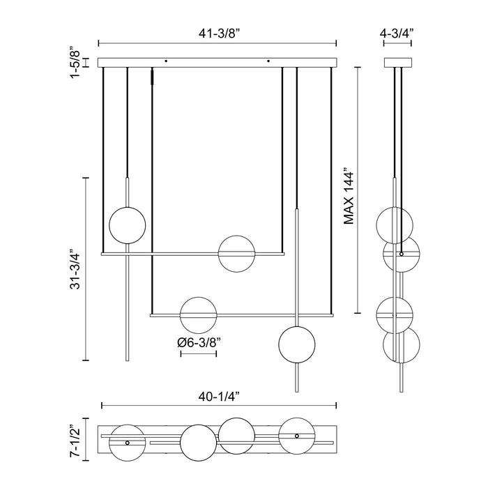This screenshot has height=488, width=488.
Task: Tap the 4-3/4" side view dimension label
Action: pyautogui.click(x=397, y=33)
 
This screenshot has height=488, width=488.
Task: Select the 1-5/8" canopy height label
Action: pyautogui.click(x=76, y=63)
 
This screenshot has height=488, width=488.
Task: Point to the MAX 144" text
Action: pyautogui.click(x=349, y=197)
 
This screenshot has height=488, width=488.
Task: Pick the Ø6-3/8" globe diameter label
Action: pyautogui.click(x=199, y=343)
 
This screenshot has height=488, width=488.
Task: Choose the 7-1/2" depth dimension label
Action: pyautogui.click(x=76, y=439)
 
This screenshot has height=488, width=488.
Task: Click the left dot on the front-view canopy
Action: pyautogui.click(x=166, y=61)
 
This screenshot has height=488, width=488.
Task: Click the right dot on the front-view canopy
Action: pyautogui.click(x=268, y=61)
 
